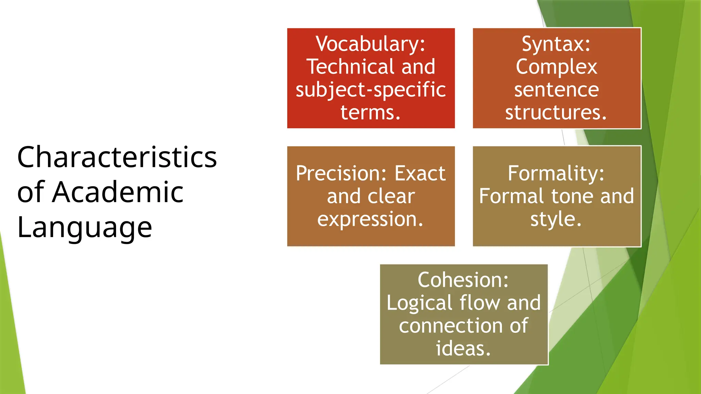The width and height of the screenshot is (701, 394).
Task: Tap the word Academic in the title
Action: [x=118, y=192]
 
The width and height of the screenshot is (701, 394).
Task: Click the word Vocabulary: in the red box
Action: [x=370, y=44]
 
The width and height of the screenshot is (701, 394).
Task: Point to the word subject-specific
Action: [x=371, y=90]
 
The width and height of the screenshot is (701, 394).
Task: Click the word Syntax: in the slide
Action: [x=556, y=44]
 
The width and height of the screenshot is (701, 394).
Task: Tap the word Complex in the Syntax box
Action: [x=556, y=67]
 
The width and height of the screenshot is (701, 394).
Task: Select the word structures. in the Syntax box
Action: [x=556, y=112]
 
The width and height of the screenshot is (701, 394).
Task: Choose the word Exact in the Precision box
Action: [x=420, y=173]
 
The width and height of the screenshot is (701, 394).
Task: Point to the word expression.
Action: [x=370, y=219]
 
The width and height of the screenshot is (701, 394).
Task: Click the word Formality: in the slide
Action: [x=556, y=173]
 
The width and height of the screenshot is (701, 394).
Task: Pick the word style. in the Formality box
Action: [x=556, y=219]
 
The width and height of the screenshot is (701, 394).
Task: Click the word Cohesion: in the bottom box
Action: [x=463, y=280]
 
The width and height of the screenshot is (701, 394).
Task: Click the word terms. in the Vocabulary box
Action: [x=370, y=112]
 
